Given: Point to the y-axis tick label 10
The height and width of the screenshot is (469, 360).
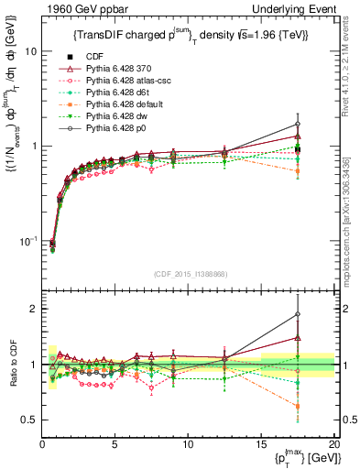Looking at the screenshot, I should click(x=29, y=51).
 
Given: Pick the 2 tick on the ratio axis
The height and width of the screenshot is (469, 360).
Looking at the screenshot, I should click(x=33, y=309).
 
